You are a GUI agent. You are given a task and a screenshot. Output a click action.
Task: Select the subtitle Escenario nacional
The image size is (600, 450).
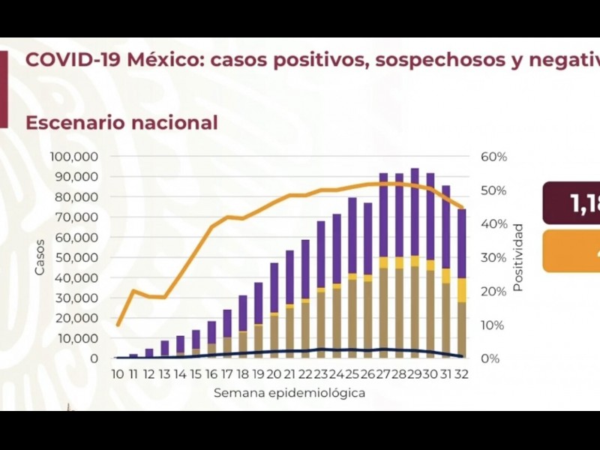pos(121,122)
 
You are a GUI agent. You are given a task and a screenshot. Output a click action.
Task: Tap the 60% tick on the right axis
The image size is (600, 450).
pos(494,157)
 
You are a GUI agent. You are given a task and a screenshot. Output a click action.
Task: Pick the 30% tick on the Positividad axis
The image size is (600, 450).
pos(494,257)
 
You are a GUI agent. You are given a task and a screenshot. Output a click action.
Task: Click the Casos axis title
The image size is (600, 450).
pos(40,257)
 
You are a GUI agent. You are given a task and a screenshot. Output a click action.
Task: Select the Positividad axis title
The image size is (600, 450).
pos(517,257)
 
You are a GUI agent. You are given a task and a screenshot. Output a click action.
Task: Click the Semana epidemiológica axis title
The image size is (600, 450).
pos(289,393)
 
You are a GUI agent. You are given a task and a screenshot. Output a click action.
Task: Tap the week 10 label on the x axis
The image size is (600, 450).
pos(118,373)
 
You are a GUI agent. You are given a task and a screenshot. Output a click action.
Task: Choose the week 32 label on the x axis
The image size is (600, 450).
pos(462,373)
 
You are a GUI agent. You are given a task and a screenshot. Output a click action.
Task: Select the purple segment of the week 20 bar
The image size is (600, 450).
pos(274,287)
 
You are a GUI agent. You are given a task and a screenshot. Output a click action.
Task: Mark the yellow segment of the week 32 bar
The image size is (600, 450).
pos(462,289)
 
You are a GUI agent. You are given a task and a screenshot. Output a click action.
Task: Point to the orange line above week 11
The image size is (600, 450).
pos(133,291)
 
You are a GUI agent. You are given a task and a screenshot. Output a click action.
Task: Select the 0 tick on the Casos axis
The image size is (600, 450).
pos(94,358)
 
